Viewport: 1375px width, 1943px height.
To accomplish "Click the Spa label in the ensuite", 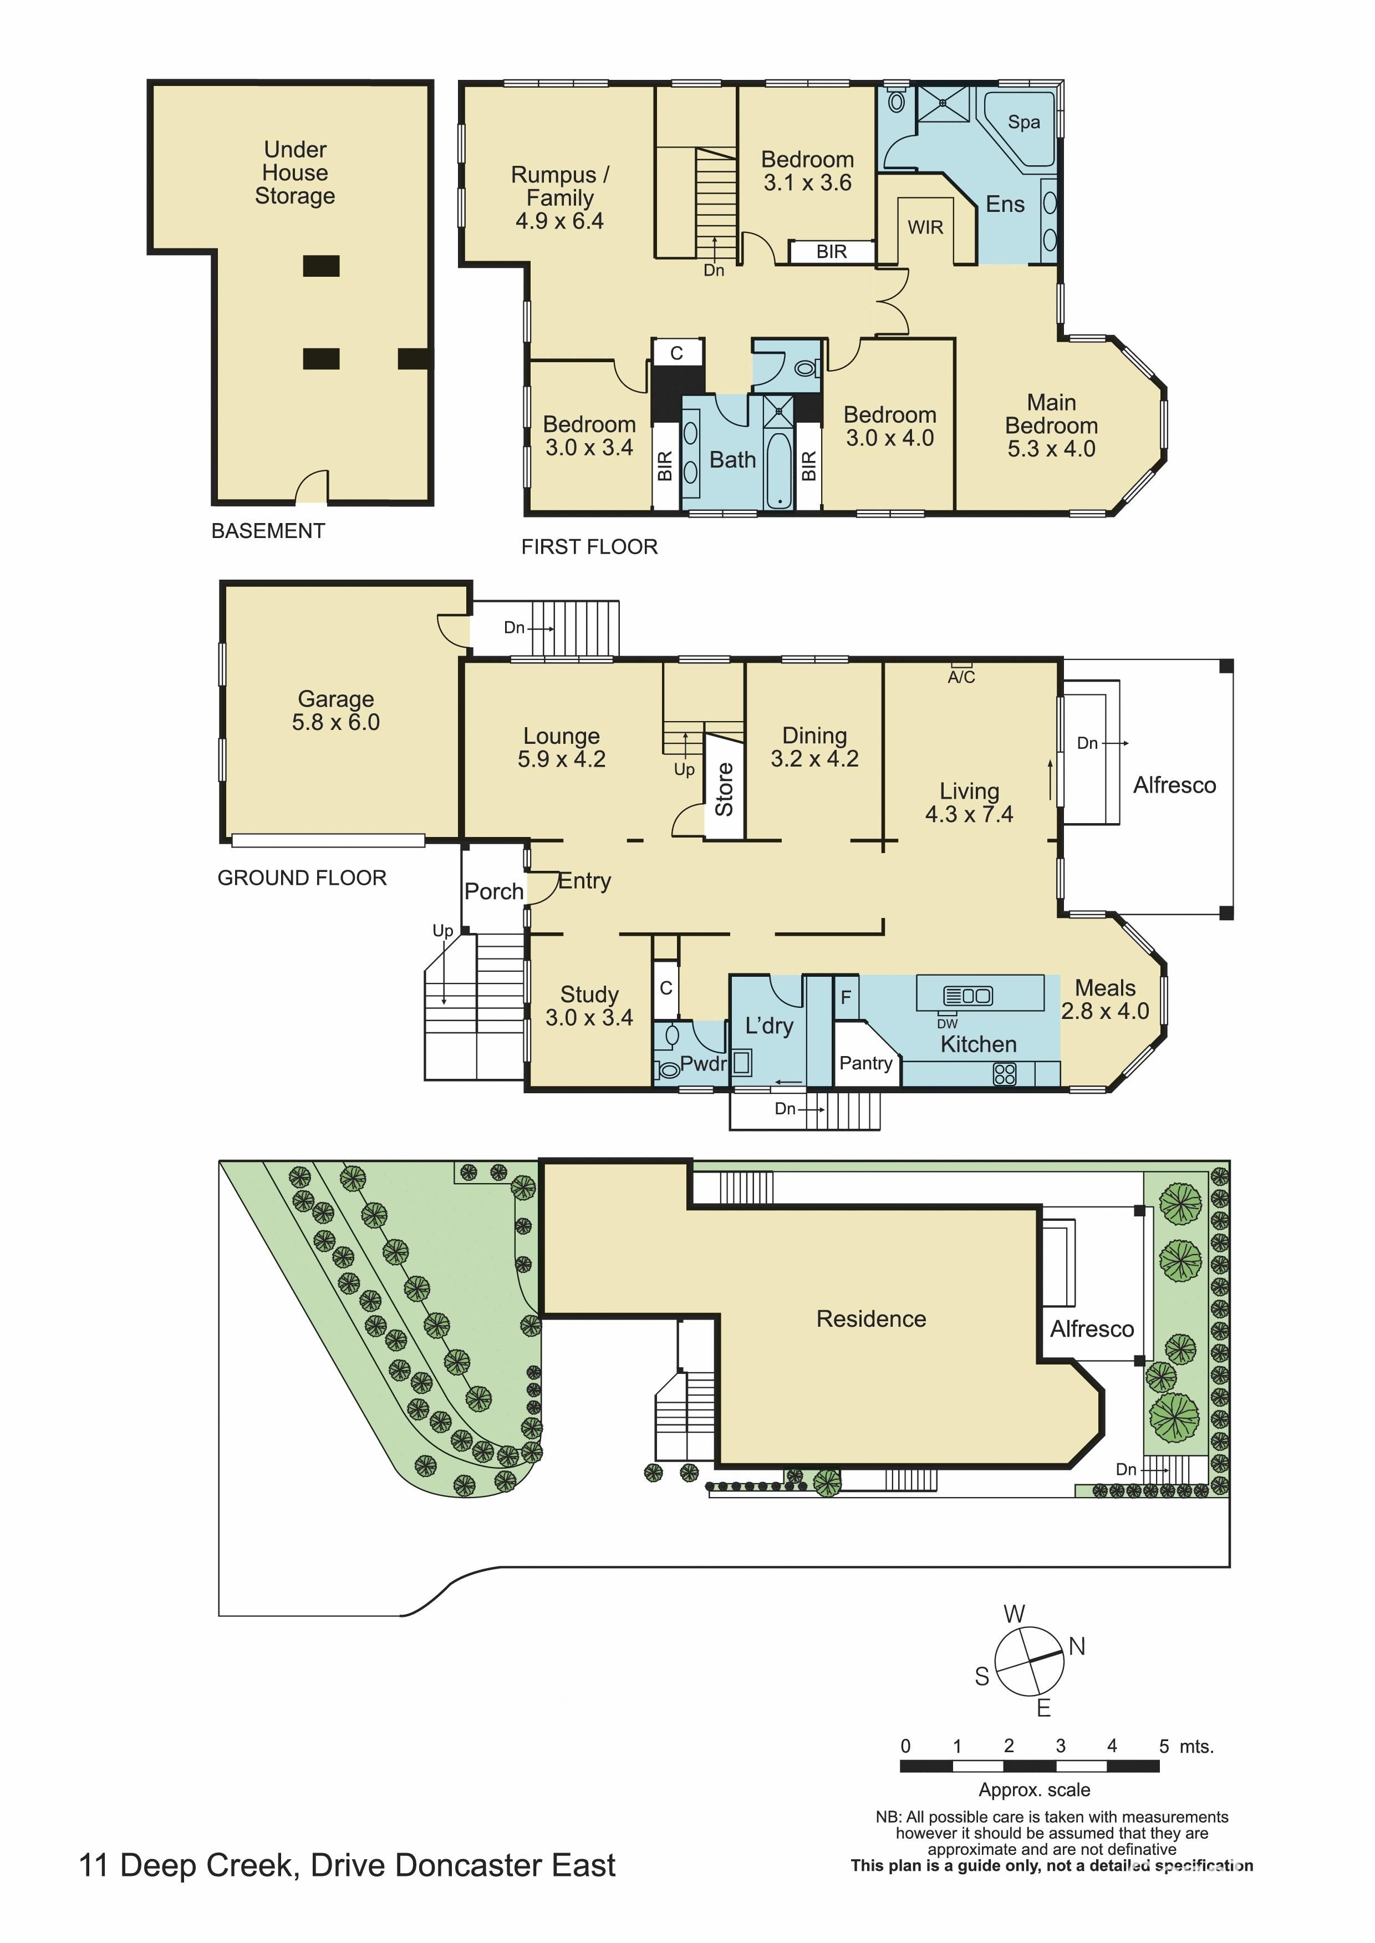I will tap(1023, 122).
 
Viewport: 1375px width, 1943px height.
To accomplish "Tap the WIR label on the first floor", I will tap(925, 227).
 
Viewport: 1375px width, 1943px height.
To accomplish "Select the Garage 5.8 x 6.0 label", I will tap(336, 711).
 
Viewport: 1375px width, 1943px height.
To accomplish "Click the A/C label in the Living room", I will tap(961, 677).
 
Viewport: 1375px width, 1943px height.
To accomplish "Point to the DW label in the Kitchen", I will tap(948, 1023).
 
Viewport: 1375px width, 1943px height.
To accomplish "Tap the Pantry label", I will tap(865, 1063).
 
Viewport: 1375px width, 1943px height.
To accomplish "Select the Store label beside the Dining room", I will tap(725, 789).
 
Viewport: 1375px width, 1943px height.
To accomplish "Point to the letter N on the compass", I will tap(1077, 1646).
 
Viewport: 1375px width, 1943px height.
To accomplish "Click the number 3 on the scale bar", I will tap(1060, 1746).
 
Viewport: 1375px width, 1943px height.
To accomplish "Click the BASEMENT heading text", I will tap(268, 531).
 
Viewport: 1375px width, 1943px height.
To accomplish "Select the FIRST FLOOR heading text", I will tap(589, 547).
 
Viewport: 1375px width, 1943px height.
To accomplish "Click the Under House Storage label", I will tap(294, 173).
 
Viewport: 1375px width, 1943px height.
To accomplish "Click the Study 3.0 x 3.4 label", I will tap(589, 1006).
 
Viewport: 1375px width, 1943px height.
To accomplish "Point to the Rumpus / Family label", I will tap(559, 198).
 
